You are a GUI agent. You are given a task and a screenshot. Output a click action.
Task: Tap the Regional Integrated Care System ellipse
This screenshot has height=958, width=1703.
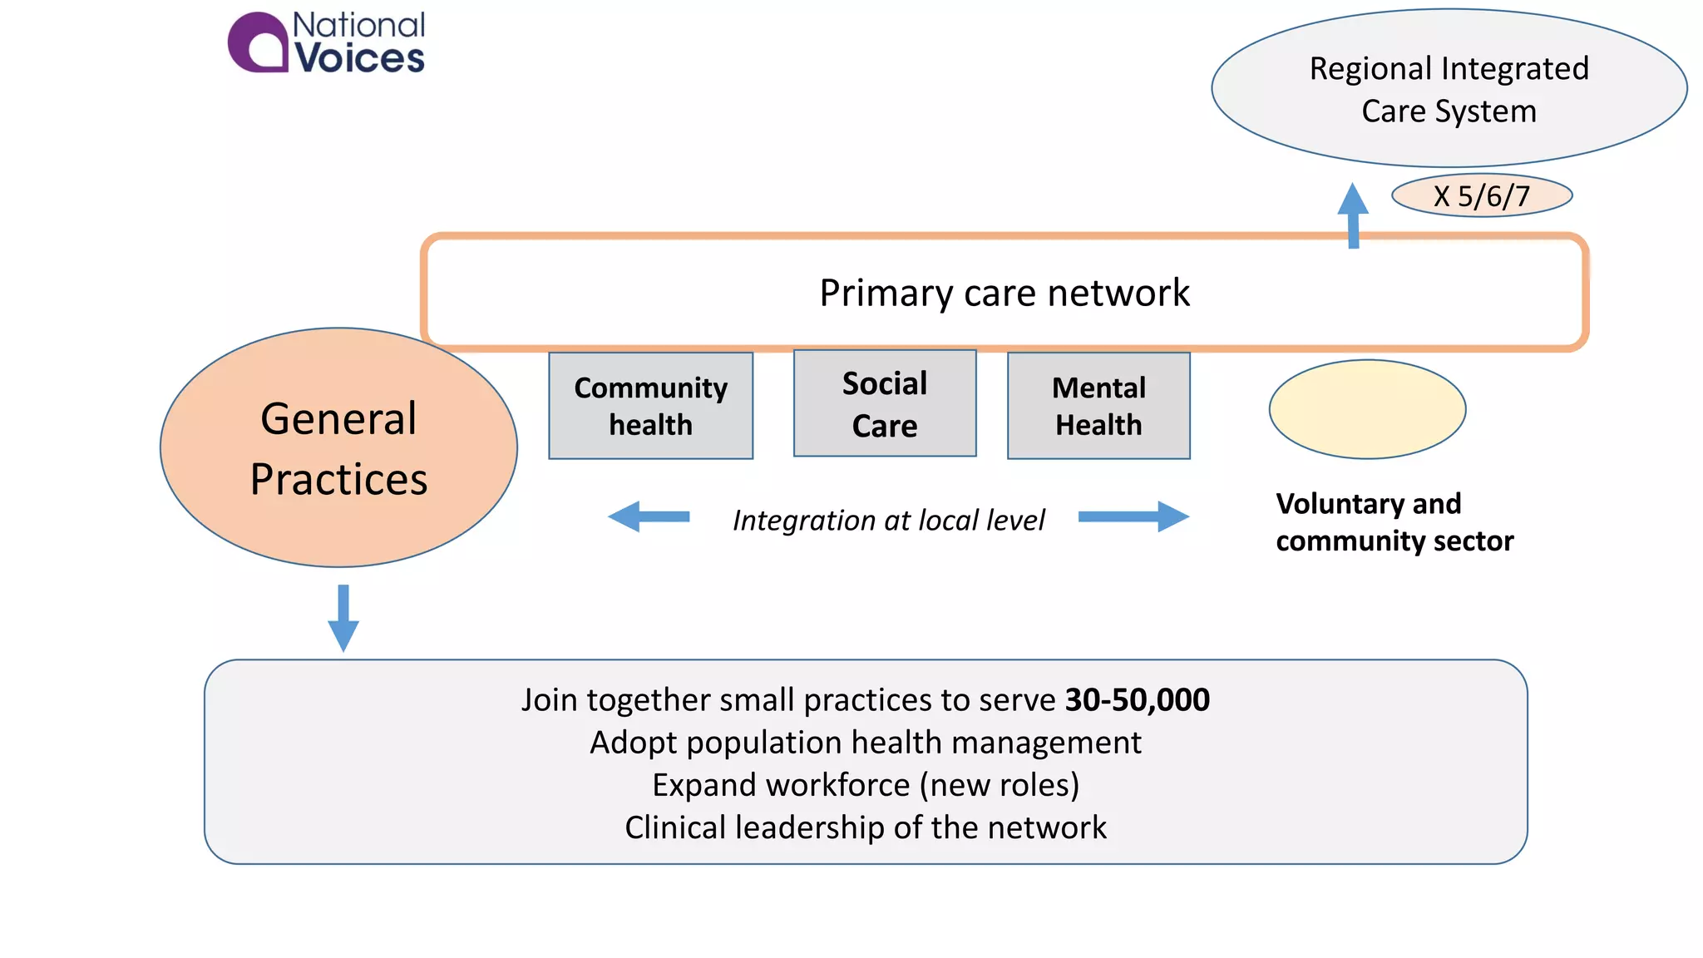point(1449,88)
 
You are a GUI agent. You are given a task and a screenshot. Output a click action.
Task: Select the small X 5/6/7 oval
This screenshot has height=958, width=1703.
point(1482,195)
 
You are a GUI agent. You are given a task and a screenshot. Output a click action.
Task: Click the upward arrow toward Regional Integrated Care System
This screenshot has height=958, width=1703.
point(1354,215)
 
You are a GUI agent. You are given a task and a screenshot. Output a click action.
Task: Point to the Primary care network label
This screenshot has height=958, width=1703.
point(1005,293)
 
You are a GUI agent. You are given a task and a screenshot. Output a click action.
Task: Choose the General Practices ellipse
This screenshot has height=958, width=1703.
point(338,447)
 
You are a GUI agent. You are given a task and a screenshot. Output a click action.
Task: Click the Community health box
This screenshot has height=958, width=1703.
point(651,406)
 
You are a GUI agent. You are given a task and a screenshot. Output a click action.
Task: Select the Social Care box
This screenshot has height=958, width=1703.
point(885,403)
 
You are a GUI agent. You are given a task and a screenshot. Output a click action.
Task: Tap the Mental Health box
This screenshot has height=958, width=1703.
point(1098,406)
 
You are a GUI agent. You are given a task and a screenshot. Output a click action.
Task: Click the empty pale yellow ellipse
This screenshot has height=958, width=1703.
point(1367,409)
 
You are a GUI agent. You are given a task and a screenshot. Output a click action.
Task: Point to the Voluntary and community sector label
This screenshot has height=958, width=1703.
point(1394,522)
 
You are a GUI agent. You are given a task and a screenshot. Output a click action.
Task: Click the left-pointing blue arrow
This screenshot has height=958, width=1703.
point(649,516)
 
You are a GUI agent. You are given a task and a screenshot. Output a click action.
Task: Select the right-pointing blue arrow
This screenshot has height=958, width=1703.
point(1133,516)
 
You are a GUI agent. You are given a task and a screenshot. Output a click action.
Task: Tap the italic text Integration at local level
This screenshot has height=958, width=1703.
point(888,521)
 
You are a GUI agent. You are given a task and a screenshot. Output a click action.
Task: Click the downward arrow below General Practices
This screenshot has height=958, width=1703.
point(343,618)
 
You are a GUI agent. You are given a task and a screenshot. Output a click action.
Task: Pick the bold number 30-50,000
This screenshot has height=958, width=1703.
point(1138,700)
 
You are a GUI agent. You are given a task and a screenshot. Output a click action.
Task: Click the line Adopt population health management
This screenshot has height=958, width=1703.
point(866,743)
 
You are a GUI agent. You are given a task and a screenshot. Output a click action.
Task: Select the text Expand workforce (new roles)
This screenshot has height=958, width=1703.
point(866,785)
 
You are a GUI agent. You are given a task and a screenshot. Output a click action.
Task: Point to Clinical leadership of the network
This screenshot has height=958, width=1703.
point(866,827)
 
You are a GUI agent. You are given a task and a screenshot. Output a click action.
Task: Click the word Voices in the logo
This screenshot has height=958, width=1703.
point(359,58)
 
